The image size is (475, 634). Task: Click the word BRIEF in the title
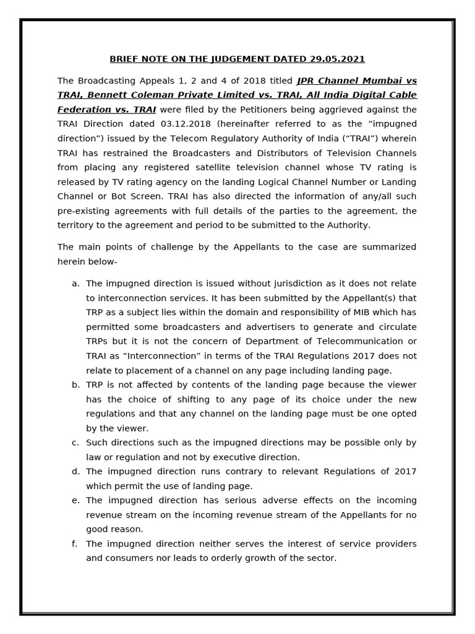(123, 59)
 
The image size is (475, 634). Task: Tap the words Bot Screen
(131, 196)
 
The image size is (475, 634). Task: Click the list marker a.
(75, 284)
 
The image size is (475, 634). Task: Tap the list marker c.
(75, 443)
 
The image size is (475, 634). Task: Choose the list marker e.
(75, 500)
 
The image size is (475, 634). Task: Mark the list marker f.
(75, 544)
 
